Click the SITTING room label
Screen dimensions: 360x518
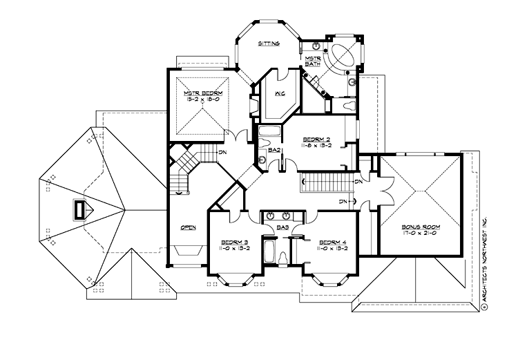click(269, 44)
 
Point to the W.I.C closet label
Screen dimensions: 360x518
click(281, 94)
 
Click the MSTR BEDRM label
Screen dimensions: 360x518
click(200, 93)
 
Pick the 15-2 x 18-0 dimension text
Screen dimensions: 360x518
click(200, 100)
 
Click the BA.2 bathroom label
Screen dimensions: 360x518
click(273, 149)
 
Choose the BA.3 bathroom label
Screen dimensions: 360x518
click(282, 226)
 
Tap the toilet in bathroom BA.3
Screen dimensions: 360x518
click(283, 258)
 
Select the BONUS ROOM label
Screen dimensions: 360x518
click(422, 227)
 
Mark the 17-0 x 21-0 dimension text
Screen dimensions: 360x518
click(422, 234)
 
